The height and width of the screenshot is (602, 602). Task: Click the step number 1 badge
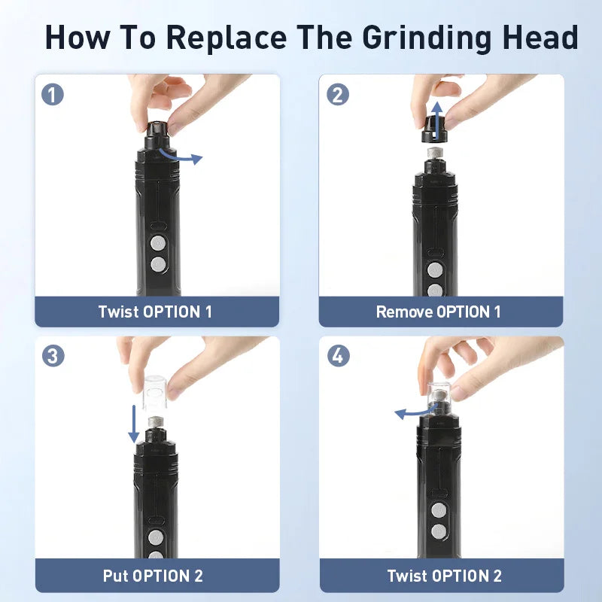[53, 95]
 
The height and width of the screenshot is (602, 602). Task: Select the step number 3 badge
[53, 356]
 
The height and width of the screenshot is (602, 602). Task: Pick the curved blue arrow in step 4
[415, 412]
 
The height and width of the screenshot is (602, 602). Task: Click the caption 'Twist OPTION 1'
[155, 312]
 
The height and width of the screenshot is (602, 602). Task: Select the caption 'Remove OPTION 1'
[438, 312]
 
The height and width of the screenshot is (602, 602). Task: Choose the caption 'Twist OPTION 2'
[444, 576]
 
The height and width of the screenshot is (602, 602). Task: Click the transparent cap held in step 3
[154, 388]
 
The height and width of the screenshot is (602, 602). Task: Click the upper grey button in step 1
[157, 243]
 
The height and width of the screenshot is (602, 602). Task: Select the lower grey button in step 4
[438, 531]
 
